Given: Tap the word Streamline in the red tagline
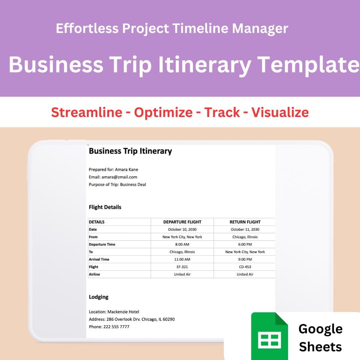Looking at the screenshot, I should (x=87, y=112).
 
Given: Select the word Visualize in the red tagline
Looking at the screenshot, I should (x=280, y=112).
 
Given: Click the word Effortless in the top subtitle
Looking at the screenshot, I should (x=87, y=28).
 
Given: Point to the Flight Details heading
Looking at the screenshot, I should (x=105, y=207).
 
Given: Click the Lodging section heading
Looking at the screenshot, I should (x=99, y=297).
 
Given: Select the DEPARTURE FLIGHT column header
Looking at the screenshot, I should (x=182, y=222).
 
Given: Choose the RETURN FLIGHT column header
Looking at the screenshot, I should (x=245, y=222).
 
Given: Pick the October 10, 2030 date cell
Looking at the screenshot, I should (x=182, y=229).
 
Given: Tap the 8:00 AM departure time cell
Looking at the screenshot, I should (x=182, y=244).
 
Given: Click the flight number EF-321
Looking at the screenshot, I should (x=182, y=267).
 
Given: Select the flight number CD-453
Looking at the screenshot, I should (x=245, y=267).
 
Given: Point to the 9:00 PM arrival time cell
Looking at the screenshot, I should (x=245, y=259).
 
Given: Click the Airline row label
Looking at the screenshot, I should (x=94, y=274).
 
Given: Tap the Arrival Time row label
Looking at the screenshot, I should (x=99, y=259).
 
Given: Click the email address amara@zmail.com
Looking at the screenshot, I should (x=119, y=177).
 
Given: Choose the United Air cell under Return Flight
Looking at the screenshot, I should (x=245, y=274).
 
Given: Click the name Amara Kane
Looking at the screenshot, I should (x=127, y=170).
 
